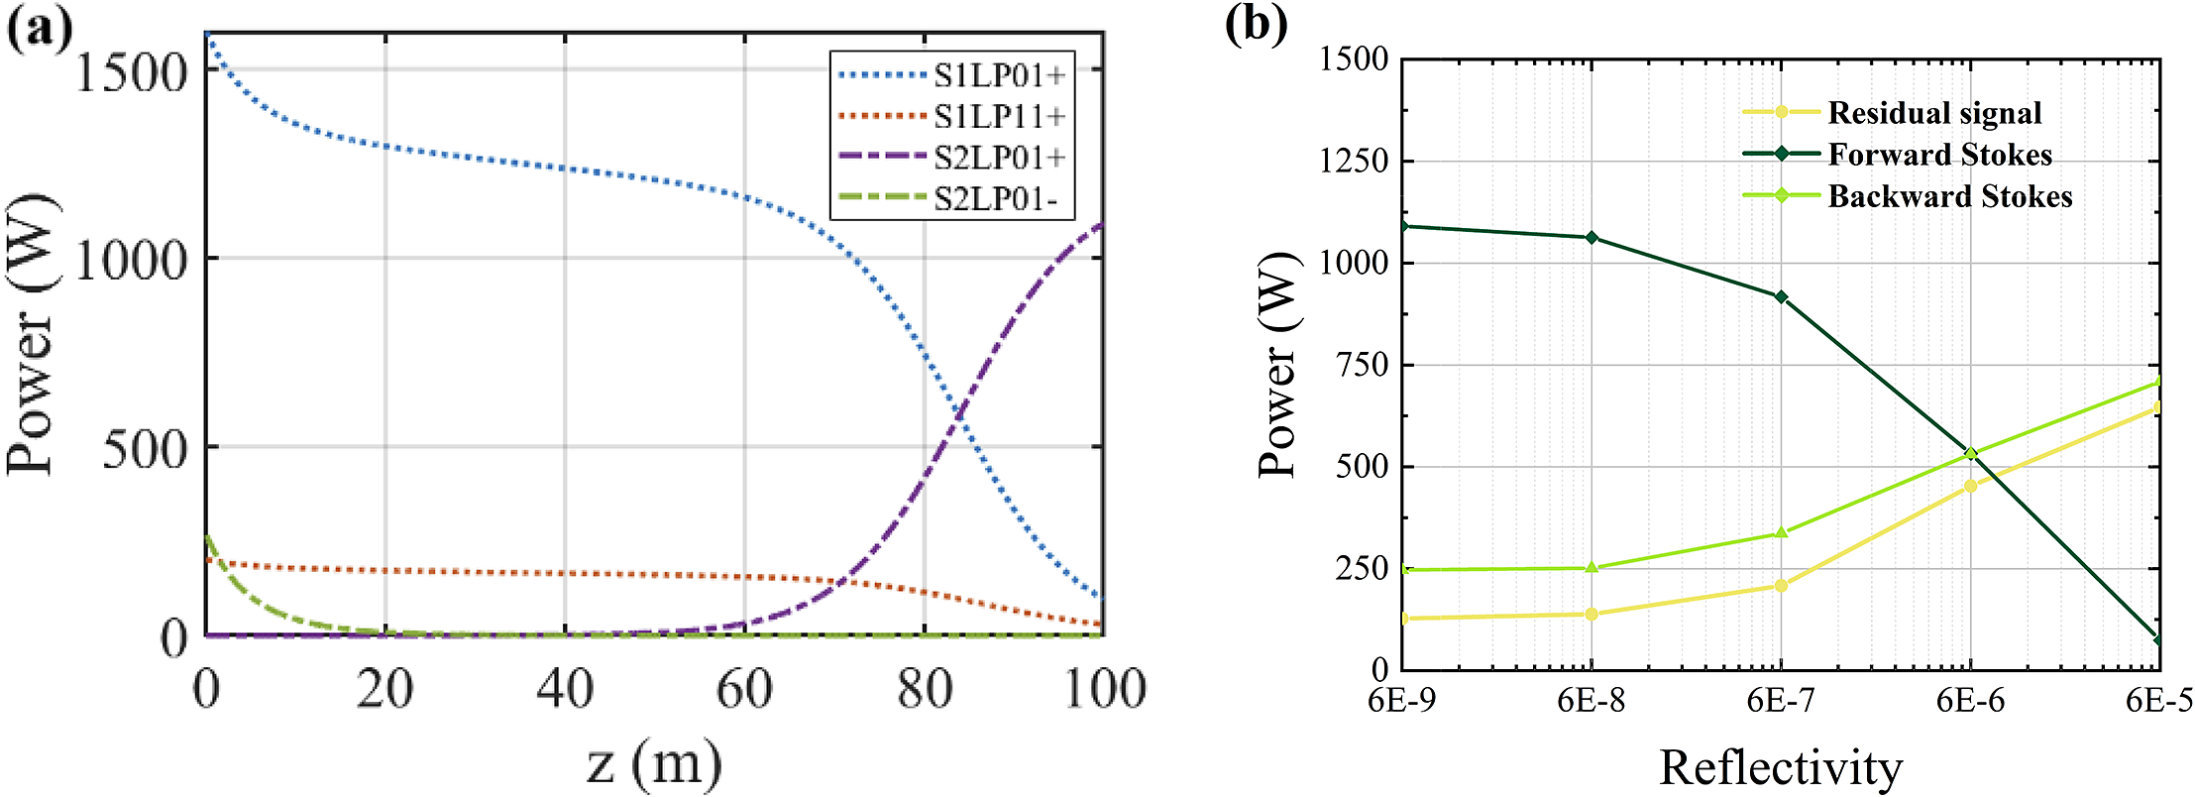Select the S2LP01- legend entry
(995, 199)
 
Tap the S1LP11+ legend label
(999, 117)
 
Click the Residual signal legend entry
(1933, 113)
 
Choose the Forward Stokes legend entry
(1938, 155)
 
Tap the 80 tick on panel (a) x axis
(924, 688)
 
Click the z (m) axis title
(653, 763)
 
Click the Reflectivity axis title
(1780, 767)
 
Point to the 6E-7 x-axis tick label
(1780, 701)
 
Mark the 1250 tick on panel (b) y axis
(1354, 161)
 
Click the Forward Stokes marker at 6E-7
(1781, 297)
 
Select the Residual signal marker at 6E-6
(1970, 486)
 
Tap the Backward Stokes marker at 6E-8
(1591, 568)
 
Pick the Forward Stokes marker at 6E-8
(1591, 238)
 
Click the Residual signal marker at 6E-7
(1781, 586)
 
